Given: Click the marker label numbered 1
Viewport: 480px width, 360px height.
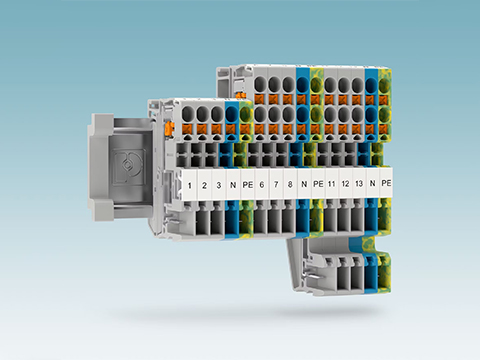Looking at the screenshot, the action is point(190,185).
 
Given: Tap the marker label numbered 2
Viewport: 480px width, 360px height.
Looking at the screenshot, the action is point(204,185).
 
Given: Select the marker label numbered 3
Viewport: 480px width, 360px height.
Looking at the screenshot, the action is point(219,185).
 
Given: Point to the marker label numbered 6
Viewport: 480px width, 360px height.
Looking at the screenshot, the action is point(262,184).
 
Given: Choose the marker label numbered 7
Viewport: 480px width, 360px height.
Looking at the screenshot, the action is point(276,184).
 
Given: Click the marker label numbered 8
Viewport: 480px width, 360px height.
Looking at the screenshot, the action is point(290,184).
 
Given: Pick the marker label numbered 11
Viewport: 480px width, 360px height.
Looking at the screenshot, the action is point(331,184).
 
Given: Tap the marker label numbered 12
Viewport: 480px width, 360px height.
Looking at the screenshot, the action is point(345,183).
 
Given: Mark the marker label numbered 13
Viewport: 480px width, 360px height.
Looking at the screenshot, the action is point(359,183).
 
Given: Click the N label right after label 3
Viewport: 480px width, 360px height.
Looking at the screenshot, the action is point(233,185).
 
